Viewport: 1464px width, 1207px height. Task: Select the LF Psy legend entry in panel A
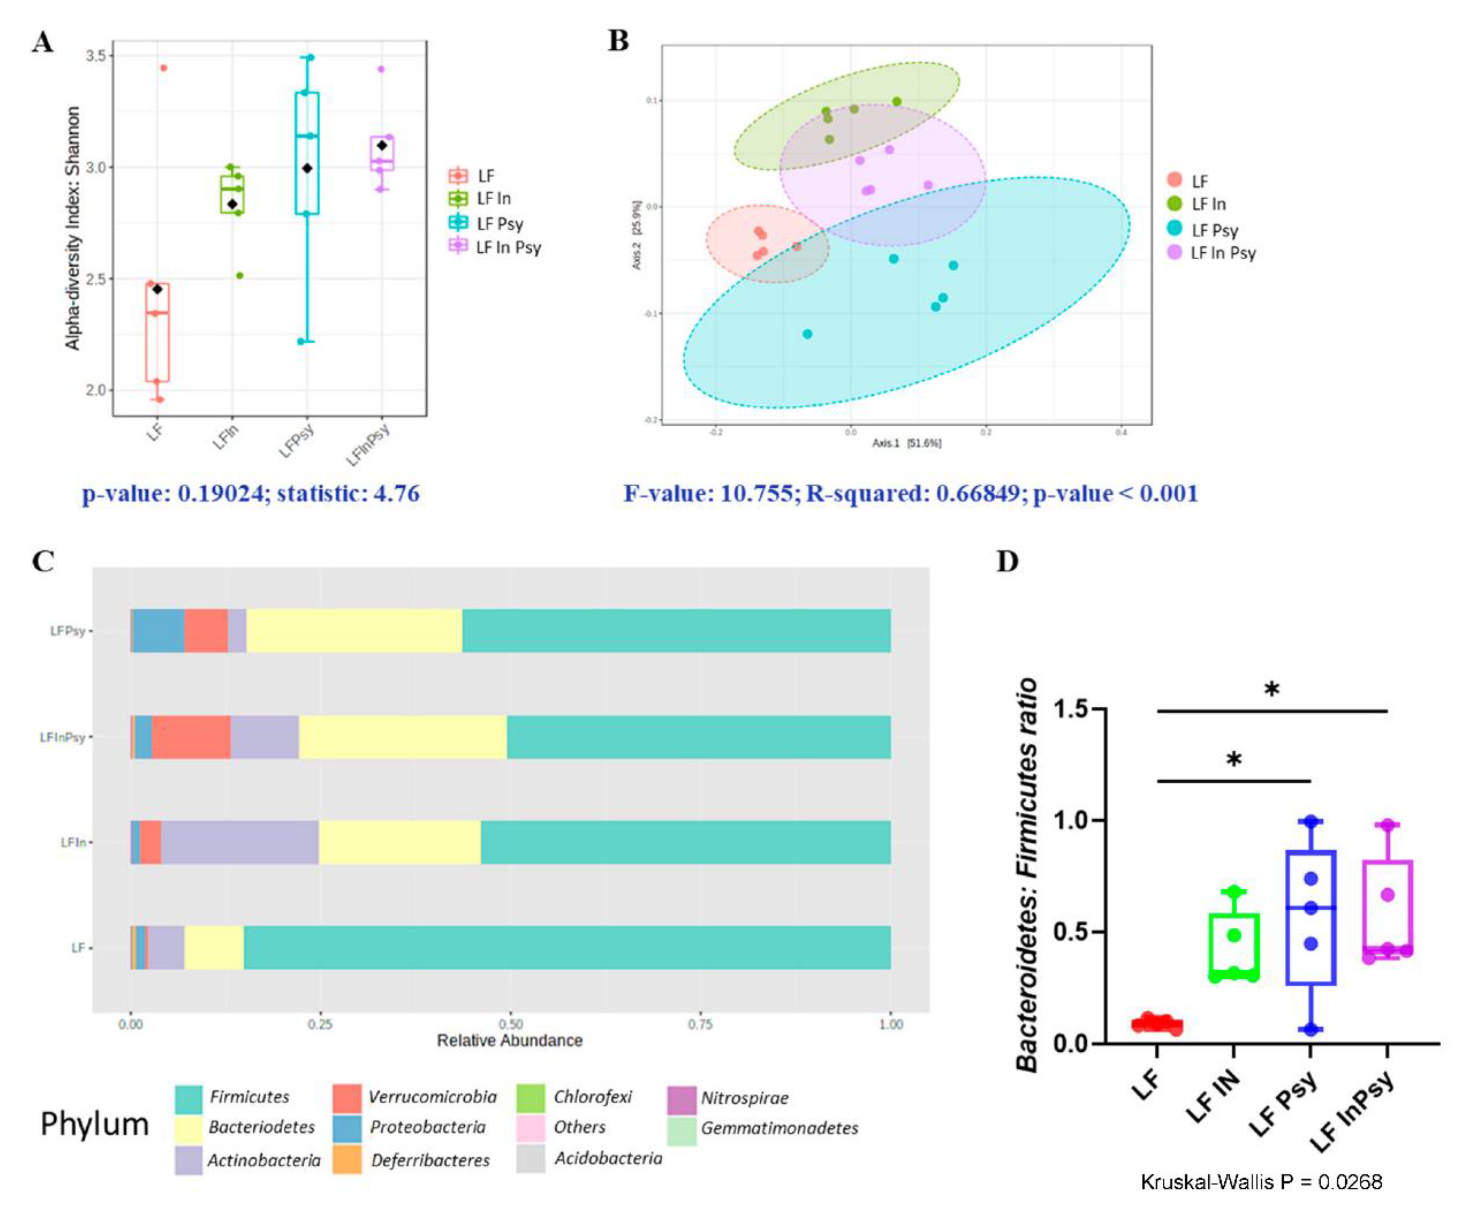coord(499,223)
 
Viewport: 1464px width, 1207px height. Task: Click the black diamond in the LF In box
coord(233,204)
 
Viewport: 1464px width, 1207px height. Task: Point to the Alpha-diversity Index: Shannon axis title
coord(73,228)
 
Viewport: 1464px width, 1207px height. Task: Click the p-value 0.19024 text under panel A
coord(250,494)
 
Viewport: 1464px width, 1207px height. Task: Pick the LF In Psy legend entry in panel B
coord(1223,253)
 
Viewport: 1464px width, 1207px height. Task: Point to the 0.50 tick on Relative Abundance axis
coord(511,1024)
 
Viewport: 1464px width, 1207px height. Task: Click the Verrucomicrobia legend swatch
coord(346,1098)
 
